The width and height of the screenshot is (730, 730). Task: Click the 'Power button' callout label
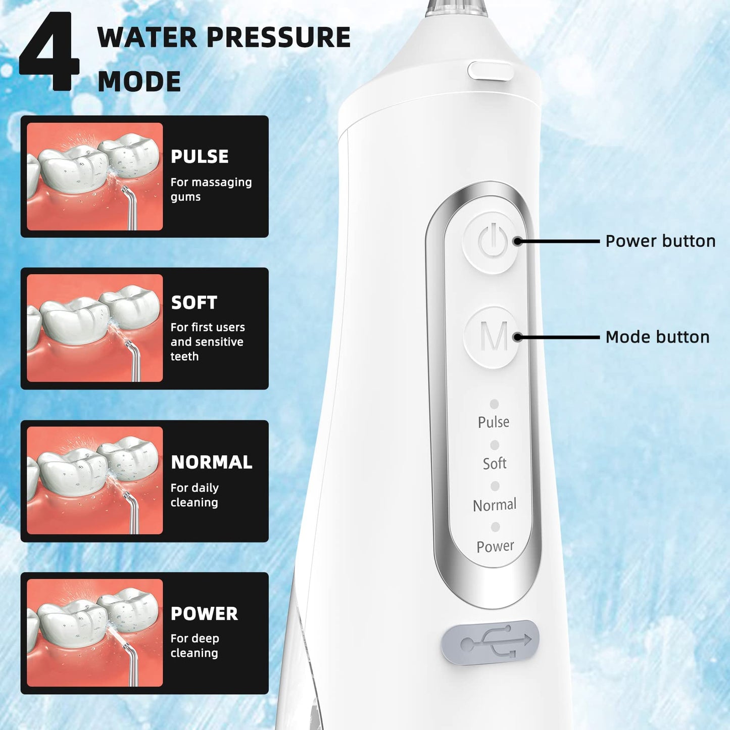660,241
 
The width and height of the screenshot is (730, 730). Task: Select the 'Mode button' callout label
657,337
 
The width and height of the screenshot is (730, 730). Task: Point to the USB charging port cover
490,642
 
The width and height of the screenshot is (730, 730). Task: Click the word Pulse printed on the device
494,422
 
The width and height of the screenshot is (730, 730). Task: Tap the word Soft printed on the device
495,463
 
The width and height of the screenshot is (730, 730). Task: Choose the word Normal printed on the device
495,505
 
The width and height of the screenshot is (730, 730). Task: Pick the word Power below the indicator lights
495,546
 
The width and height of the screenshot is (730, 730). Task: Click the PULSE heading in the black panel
200,157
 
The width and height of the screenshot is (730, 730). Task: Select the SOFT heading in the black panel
194,303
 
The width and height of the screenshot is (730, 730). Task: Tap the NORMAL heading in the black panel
211,462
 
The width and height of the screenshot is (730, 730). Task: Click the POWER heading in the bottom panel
204,613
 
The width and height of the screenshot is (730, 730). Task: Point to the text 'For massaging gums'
211,189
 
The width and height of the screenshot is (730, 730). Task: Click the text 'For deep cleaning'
194,646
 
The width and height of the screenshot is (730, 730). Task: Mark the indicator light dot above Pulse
494,404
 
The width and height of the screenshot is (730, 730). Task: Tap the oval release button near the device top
490,71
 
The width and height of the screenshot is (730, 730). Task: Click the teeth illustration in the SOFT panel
95,328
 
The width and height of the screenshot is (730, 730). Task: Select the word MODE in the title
139,82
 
